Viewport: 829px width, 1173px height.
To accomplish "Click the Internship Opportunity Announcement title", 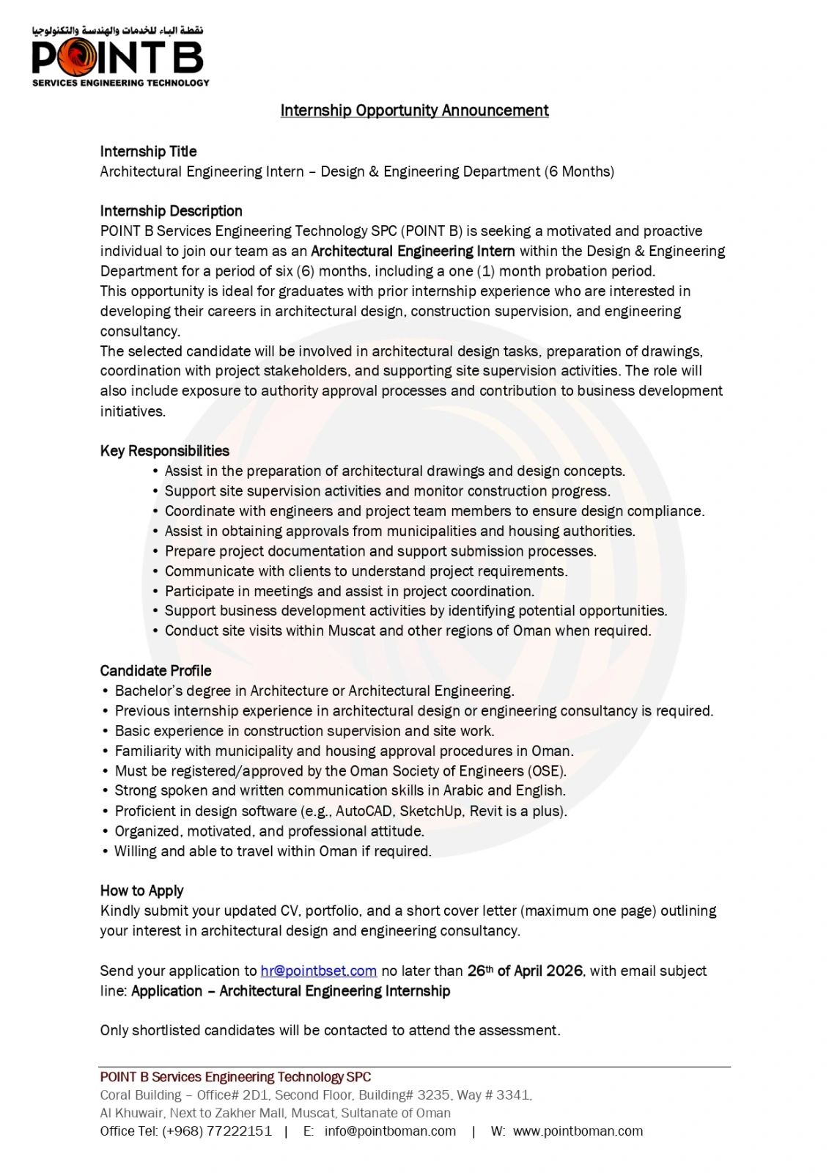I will point(414,111).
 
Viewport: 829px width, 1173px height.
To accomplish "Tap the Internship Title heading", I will point(148,152).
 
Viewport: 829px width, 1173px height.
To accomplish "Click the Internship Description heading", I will point(171,211).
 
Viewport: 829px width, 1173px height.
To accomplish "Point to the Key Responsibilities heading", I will point(164,451).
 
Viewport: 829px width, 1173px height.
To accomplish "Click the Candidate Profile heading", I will point(155,671).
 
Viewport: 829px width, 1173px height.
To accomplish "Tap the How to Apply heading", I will point(141,891).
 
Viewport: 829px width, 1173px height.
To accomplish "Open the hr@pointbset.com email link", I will point(318,971).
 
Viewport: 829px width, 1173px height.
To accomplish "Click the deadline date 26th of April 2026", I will point(525,971).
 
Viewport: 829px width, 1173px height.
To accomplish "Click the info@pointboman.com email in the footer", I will point(390,1131).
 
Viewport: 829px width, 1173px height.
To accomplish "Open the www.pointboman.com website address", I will point(578,1131).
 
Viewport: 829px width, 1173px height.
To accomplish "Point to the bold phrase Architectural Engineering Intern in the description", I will point(413,251).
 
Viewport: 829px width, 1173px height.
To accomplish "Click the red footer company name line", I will point(235,1077).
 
